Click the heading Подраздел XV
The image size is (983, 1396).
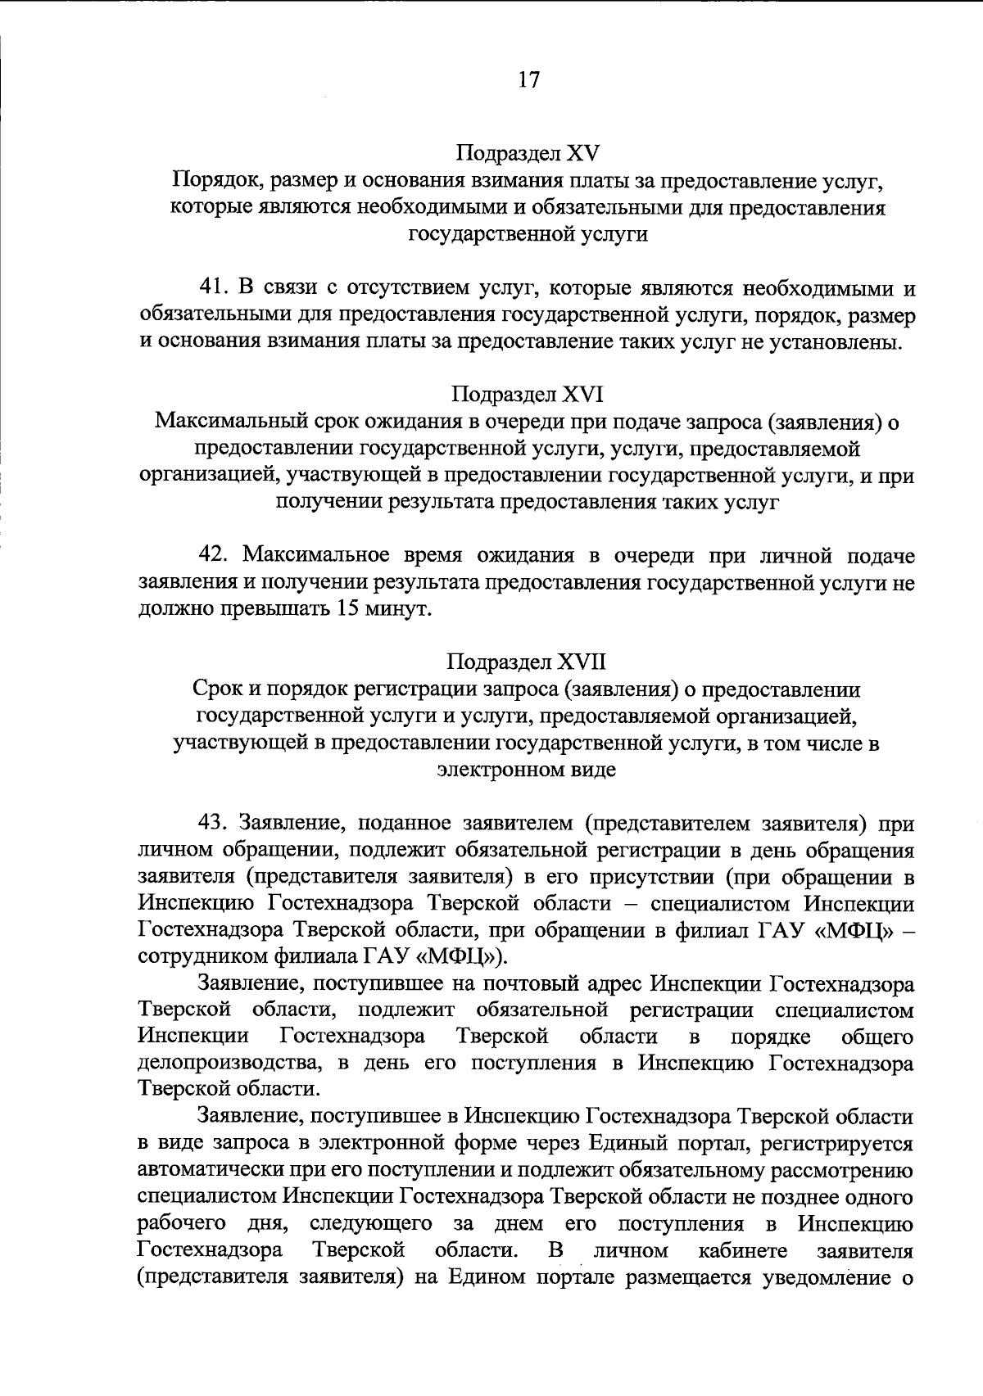pyautogui.click(x=528, y=153)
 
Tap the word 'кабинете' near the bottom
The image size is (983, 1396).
pyautogui.click(x=743, y=1251)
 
